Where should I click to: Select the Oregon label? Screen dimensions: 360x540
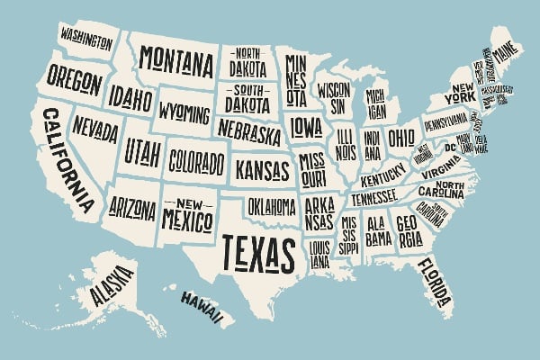tap(74, 80)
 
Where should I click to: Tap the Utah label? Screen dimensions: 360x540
tap(141, 148)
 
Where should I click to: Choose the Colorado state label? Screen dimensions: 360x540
tap(196, 162)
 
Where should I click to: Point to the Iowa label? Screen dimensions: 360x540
tap(305, 124)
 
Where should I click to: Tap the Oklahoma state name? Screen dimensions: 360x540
tap(271, 207)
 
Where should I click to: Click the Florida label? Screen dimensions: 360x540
tap(436, 281)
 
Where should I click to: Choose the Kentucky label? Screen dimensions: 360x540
tap(382, 176)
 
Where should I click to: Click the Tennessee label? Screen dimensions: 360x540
tap(373, 197)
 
